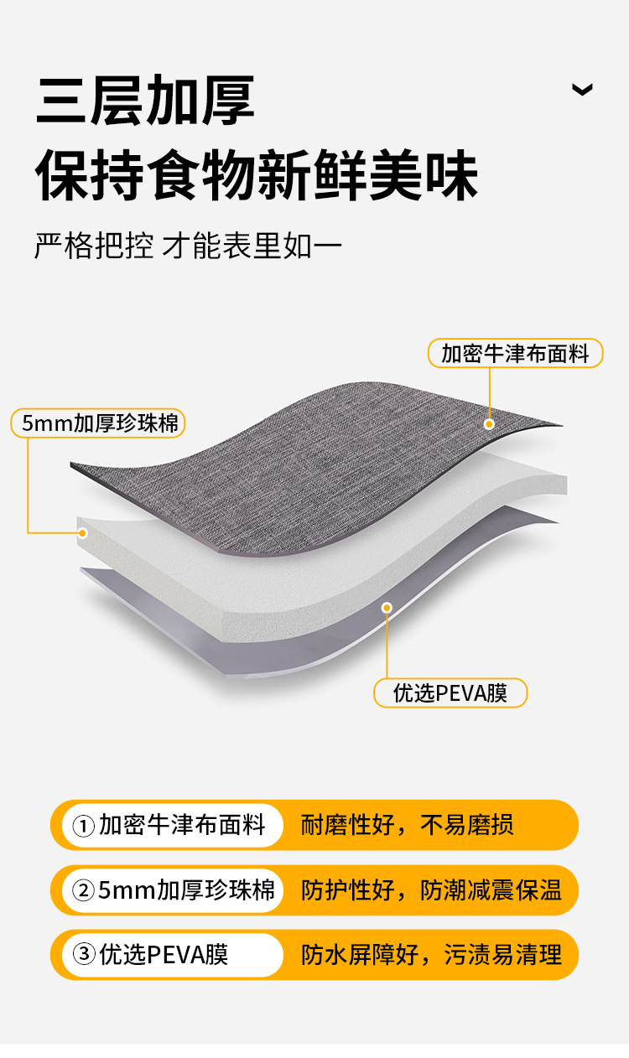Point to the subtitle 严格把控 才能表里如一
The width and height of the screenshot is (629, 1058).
point(188,247)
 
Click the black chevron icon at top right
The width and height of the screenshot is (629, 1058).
point(582,90)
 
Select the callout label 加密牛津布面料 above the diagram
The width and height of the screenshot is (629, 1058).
point(515,354)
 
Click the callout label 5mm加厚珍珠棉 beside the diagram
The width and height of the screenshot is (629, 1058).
point(98,423)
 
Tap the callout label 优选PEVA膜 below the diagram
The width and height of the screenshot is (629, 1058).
point(450,693)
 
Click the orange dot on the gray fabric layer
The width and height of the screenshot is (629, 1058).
point(489,424)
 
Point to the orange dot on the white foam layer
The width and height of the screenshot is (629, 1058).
point(82,533)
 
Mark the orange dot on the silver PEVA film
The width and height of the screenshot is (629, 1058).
point(387,608)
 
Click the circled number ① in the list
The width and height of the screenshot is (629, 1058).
point(83,827)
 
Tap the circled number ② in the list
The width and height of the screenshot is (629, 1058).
point(83,890)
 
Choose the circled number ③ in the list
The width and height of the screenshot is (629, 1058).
point(83,955)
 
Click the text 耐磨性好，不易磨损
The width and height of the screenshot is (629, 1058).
point(407,826)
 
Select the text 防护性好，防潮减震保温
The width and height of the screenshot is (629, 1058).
point(431,890)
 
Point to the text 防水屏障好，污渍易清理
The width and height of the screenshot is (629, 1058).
point(431,955)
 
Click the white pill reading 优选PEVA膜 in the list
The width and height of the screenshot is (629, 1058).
point(172,955)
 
